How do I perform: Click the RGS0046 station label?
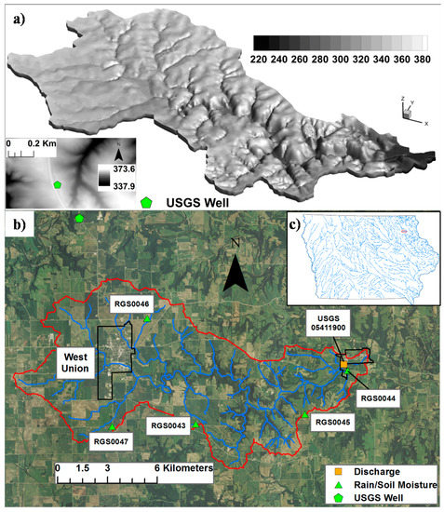pyautogui.click(x=132, y=303)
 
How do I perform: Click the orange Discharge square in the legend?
pyautogui.click(x=343, y=470)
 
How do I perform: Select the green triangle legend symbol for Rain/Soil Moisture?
pyautogui.click(x=343, y=484)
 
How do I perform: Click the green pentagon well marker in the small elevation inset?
pyautogui.click(x=58, y=185)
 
